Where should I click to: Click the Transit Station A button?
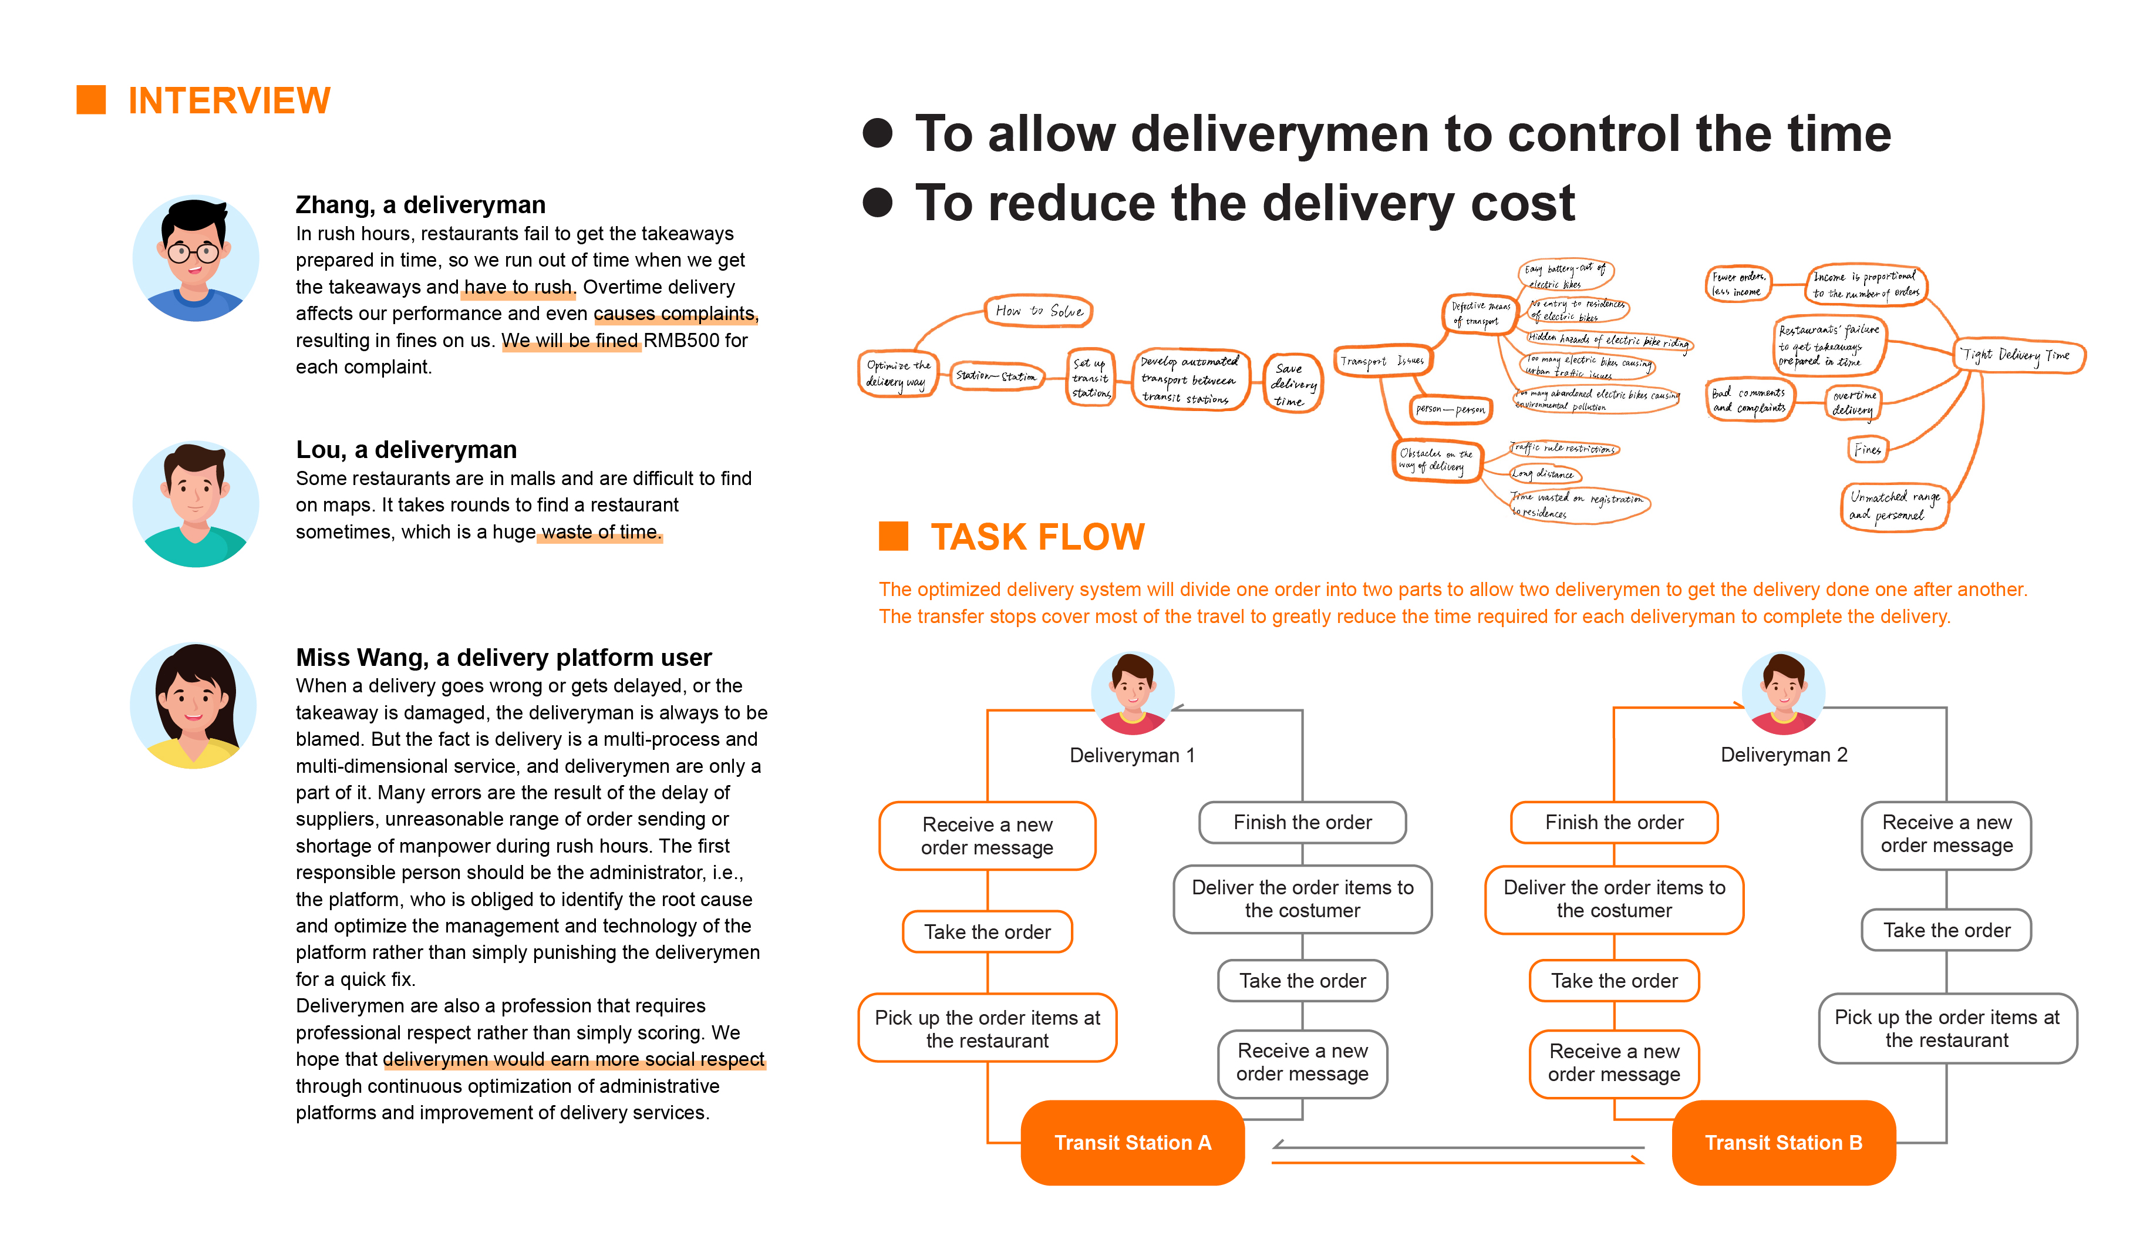pos(1132,1142)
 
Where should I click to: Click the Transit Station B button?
pos(1783,1142)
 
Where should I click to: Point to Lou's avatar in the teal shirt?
pos(196,503)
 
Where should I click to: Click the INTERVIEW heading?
pos(228,100)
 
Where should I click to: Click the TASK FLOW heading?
pos(1037,537)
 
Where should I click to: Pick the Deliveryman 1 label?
pos(1132,755)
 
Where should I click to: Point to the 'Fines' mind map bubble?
pos(1867,450)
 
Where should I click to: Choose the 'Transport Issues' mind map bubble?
pos(1381,361)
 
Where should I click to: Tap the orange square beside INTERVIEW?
pos(91,100)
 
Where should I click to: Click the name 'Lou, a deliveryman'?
pos(406,450)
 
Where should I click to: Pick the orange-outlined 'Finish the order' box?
pos(1613,823)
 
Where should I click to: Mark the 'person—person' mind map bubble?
pos(1450,409)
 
